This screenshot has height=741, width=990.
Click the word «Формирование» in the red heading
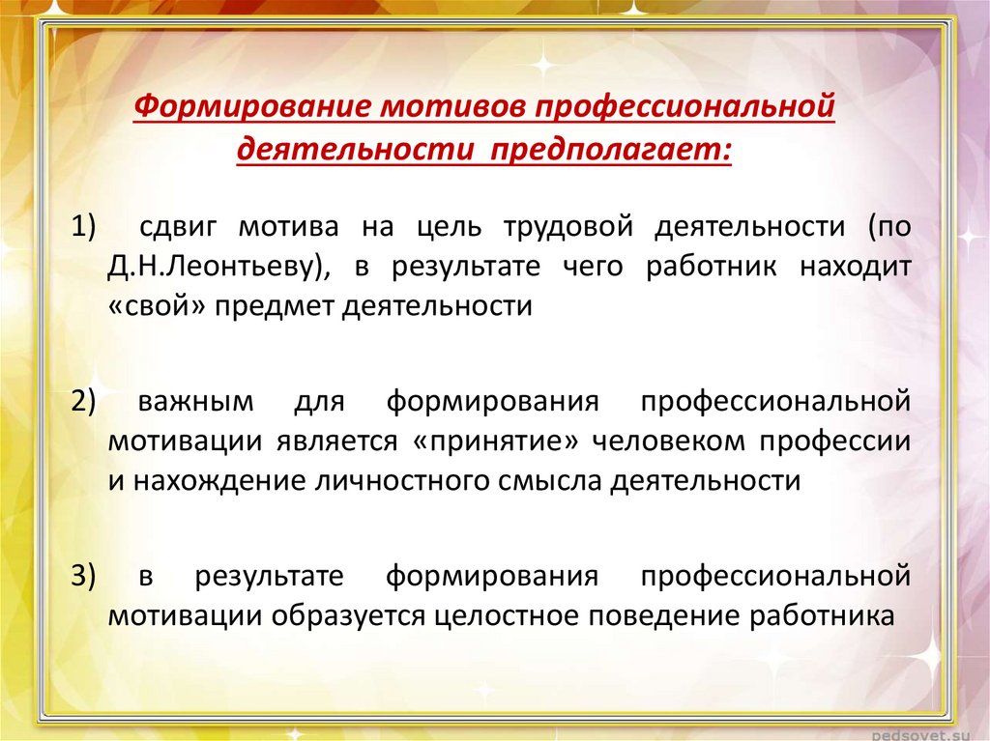click(251, 106)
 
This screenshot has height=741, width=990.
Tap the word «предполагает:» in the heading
click(610, 150)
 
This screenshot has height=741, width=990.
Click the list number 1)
click(83, 227)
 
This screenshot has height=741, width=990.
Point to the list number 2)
click(83, 402)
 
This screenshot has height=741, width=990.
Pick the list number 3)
click(83, 576)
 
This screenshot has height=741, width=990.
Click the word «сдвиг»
click(178, 228)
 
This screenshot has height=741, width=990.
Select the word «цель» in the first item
click(450, 228)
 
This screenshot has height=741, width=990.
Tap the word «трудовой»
click(568, 228)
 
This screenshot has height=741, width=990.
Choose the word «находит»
click(856, 267)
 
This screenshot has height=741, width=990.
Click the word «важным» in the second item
click(195, 403)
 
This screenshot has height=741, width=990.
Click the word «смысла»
click(550, 481)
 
